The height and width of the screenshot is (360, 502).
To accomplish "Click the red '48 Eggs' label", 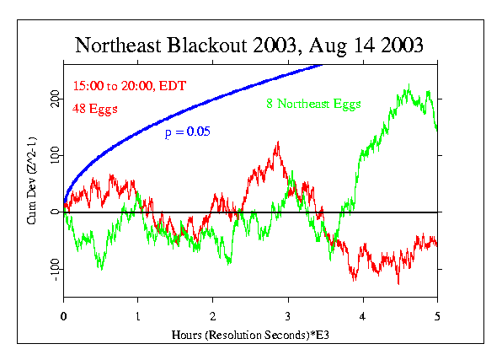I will coord(94,108).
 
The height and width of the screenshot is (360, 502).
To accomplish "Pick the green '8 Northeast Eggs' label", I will coord(309,105).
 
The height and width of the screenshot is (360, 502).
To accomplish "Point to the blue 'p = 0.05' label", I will coord(187,132).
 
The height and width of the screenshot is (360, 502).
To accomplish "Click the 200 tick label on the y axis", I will coord(53,99).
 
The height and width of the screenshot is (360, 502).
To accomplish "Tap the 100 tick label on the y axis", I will coord(53,156).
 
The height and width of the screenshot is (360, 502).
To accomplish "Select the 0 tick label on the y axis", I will coord(53,212).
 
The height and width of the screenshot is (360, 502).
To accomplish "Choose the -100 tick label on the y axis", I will coord(53,267).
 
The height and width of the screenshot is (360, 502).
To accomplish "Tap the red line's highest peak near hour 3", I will coord(277,143).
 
